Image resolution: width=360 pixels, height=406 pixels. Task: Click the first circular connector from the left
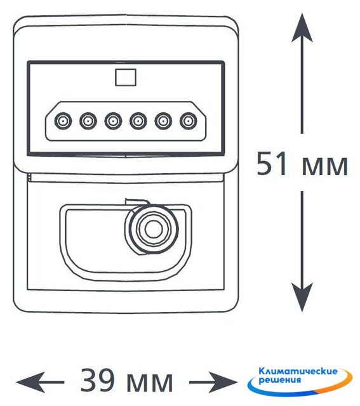pos(63,121)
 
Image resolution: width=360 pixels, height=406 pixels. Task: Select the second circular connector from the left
pos(88,121)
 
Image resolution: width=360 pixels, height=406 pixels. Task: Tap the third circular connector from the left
pos(113,121)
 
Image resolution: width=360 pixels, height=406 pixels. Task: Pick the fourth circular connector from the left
pos(138,121)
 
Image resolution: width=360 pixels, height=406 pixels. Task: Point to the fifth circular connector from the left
pos(163,121)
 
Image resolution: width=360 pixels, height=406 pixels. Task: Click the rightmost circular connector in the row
pos(189,121)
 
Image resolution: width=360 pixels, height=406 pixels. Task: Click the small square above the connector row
pos(126,77)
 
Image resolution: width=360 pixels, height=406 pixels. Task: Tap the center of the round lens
pos(154,229)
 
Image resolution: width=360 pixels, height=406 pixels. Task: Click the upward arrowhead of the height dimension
pos(302,28)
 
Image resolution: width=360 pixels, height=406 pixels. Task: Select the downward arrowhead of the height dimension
pos(302,297)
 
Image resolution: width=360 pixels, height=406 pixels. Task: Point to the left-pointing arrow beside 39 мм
pos(40,382)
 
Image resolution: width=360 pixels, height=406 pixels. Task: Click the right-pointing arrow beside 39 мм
pos(213,382)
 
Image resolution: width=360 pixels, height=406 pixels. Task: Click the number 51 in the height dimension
pos(272,164)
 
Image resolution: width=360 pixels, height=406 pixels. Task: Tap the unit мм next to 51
pos(324,166)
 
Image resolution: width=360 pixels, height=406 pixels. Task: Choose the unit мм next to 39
pos(150,383)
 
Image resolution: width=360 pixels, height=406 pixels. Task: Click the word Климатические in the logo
pos(298,372)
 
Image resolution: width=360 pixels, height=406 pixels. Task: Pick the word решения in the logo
pos(280,380)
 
